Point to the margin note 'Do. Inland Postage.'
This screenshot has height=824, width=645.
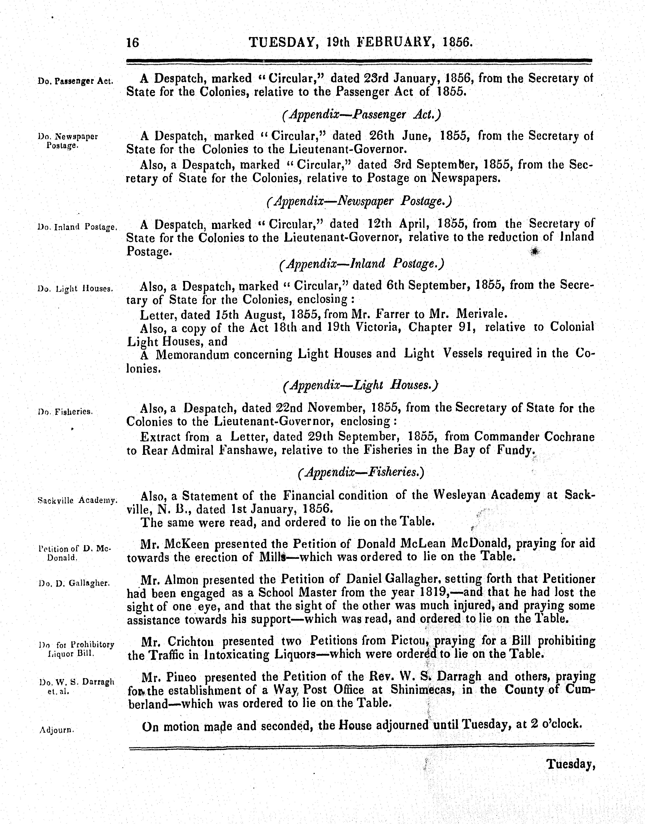point(78,227)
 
